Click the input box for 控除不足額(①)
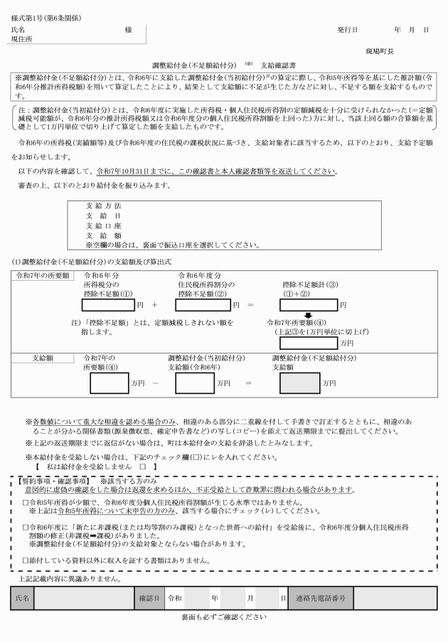(x=112, y=305)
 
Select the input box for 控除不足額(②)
(x=203, y=305)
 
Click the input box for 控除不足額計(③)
(x=309, y=305)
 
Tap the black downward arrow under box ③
(x=309, y=317)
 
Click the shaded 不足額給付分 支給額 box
(x=296, y=383)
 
